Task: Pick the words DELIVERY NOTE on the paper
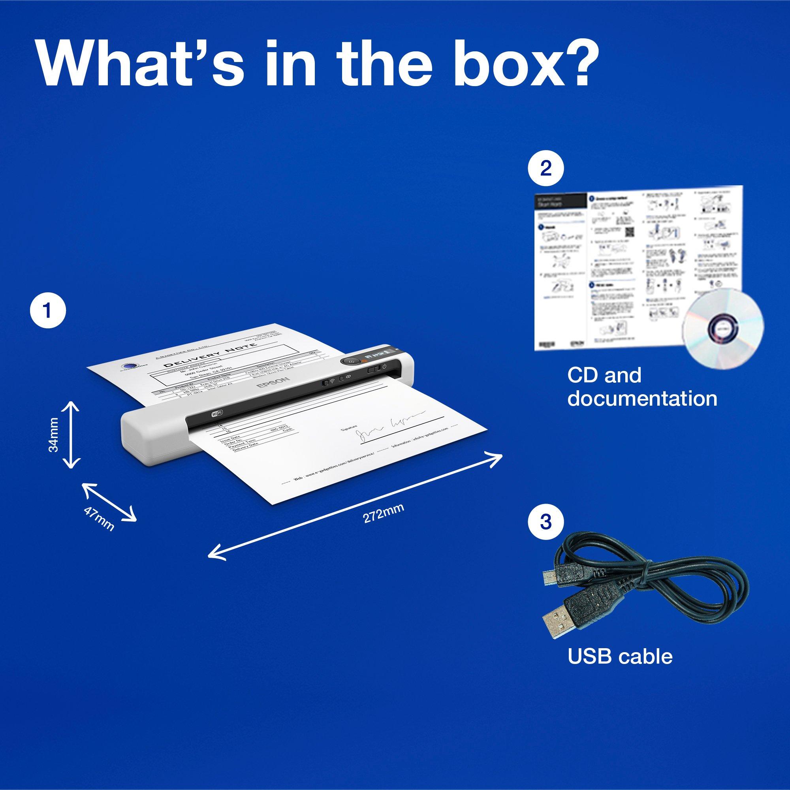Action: click(x=210, y=357)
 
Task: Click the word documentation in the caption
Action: click(x=642, y=399)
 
